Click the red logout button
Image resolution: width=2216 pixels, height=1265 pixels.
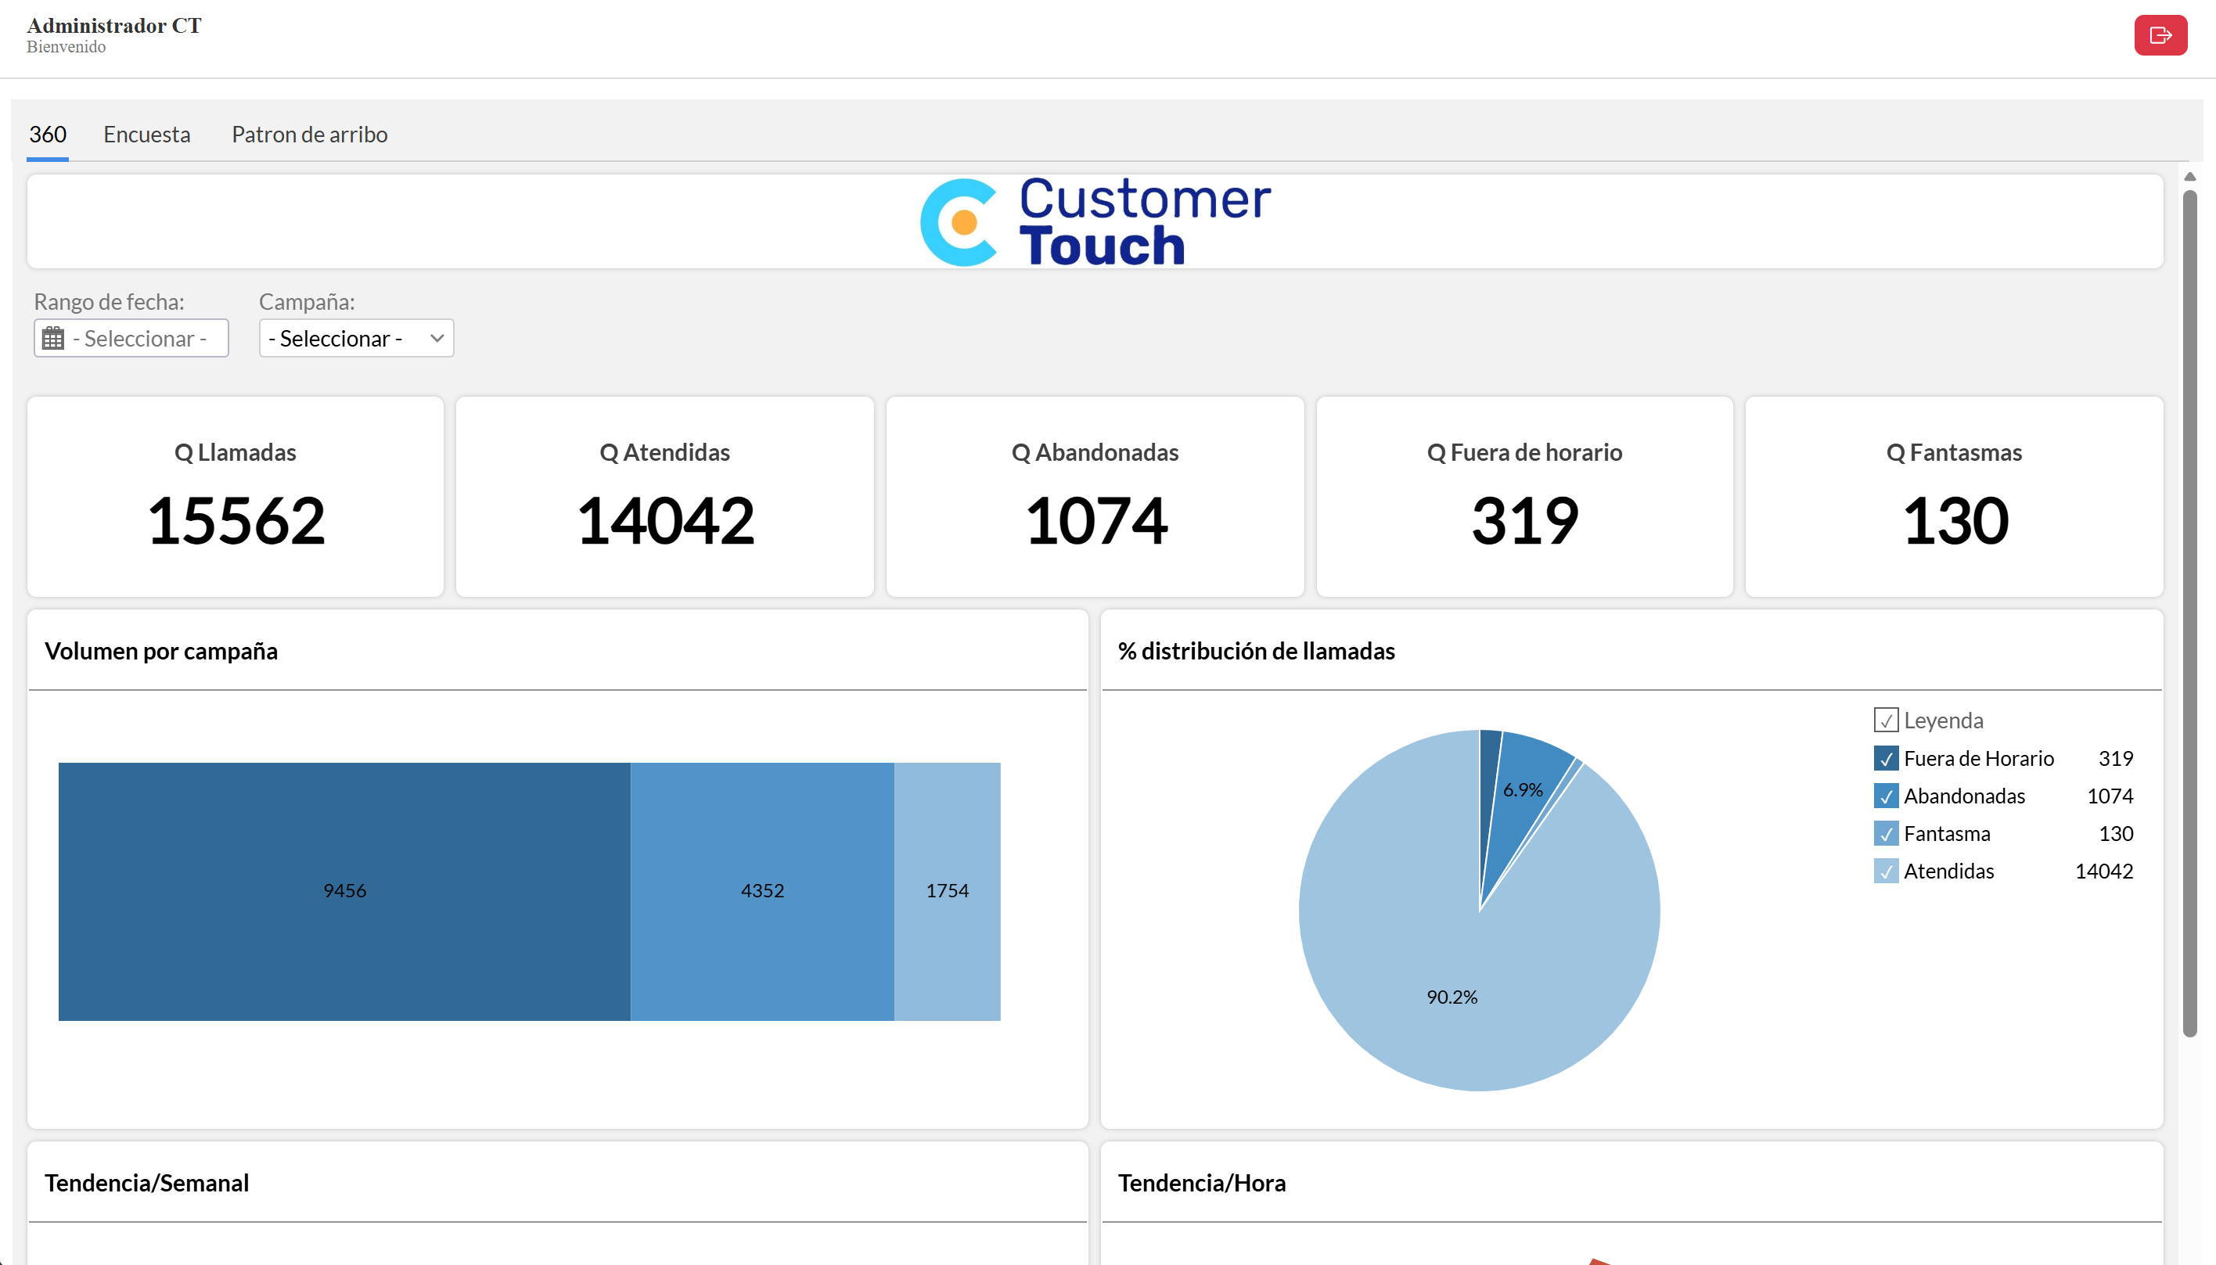point(2160,36)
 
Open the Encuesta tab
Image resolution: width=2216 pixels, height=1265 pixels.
point(147,135)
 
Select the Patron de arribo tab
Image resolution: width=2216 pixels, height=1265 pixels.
point(309,135)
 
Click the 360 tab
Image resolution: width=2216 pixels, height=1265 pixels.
point(48,135)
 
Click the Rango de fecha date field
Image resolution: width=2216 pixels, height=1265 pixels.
point(131,338)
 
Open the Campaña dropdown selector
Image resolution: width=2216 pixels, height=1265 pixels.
point(356,338)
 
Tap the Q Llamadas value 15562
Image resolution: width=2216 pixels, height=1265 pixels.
point(236,521)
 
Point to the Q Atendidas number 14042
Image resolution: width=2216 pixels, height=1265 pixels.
point(666,521)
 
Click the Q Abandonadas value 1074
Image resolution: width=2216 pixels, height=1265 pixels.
point(1095,521)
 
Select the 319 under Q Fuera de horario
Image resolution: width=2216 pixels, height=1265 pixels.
point(1525,521)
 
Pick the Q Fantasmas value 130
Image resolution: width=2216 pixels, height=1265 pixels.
point(1955,521)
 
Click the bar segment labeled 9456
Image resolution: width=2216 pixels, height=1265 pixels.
point(344,891)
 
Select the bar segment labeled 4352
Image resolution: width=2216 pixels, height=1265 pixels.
point(762,891)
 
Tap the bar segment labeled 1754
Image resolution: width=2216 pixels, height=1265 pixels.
point(948,891)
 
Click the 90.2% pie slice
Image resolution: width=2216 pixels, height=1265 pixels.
point(1452,997)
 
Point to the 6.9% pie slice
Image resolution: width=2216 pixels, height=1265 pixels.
point(1523,790)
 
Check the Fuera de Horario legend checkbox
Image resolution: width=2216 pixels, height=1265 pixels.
point(1885,759)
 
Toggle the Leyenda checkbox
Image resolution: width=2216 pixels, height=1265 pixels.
point(1885,721)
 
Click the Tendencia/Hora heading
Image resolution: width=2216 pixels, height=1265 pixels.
point(1201,1184)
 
